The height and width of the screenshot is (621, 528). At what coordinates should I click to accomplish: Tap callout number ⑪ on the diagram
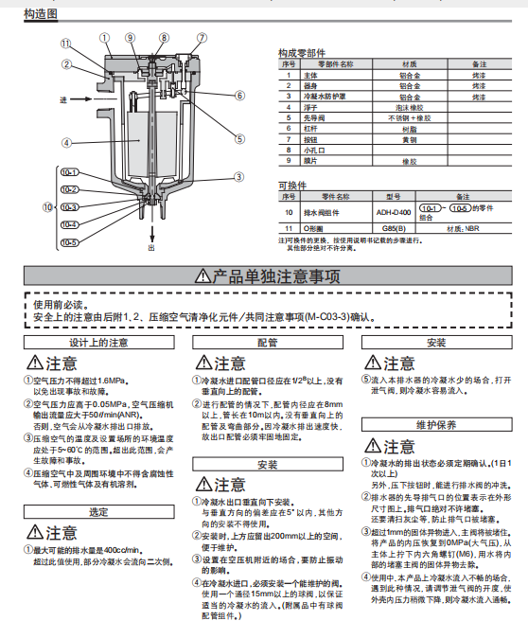click(65, 44)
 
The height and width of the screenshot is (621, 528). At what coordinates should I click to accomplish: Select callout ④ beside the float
click(66, 143)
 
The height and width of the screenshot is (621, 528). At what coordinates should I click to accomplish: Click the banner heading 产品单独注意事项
click(264, 276)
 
